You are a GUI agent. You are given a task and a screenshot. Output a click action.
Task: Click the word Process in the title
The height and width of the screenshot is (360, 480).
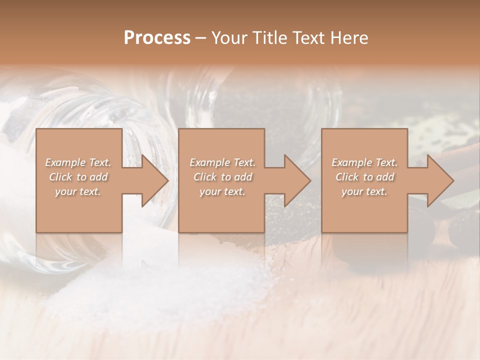point(157,38)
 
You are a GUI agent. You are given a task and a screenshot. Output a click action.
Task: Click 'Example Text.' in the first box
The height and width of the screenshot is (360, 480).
point(78,162)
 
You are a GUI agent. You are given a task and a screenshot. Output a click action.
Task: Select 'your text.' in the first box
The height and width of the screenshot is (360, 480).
point(78,191)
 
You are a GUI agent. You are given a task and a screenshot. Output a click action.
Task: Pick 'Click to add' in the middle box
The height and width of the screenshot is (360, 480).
point(222,177)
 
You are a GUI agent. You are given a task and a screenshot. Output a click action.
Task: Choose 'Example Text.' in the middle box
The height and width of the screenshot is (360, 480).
point(222,162)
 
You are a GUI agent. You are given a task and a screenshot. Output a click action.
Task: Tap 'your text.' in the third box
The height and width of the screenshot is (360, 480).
point(364,191)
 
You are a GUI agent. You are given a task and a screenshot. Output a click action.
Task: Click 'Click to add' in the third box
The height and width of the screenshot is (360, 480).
point(364,177)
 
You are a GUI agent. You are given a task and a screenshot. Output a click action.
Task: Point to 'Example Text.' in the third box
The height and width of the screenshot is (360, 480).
point(364,162)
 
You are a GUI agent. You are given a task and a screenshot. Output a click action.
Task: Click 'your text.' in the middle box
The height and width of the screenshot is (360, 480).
point(222,191)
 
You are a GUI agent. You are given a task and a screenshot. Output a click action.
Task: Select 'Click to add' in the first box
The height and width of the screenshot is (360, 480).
point(78,177)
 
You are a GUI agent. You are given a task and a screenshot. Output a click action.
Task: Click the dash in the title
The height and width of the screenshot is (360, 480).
point(201,38)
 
